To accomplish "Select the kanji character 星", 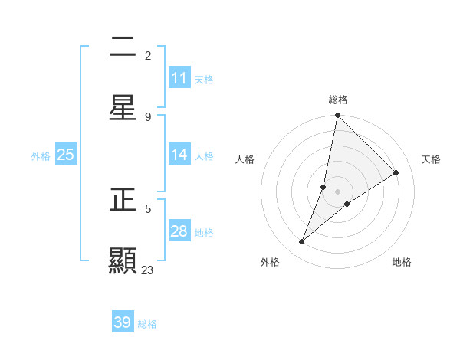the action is (123, 107).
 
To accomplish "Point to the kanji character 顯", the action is (123, 261).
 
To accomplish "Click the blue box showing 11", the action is (179, 78).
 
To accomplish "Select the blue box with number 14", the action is (179, 155).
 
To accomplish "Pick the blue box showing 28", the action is (179, 231).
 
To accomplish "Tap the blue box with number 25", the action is (66, 155).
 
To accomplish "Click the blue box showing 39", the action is (123, 322).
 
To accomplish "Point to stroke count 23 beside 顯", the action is (148, 270).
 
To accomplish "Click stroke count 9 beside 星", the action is (148, 116).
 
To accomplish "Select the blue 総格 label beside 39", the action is (147, 324).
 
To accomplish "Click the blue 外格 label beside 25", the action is (41, 156).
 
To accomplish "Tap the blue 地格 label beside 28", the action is (204, 233).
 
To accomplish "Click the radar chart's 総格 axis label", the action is (338, 100).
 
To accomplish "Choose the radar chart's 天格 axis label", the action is (431, 159).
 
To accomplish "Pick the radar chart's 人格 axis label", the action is (245, 159).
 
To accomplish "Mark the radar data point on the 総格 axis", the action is (337, 116).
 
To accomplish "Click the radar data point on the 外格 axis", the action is (302, 242).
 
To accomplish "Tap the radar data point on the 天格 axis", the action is (396, 173).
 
